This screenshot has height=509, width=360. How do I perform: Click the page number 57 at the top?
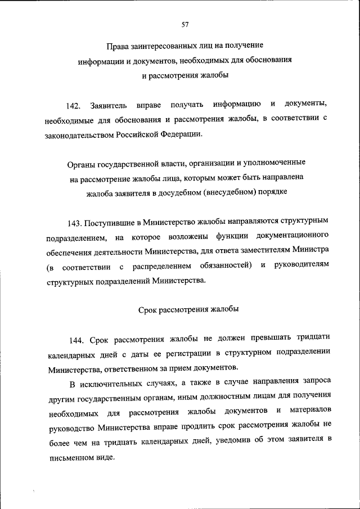click(185, 24)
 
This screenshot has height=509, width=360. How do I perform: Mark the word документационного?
click(290, 235)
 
